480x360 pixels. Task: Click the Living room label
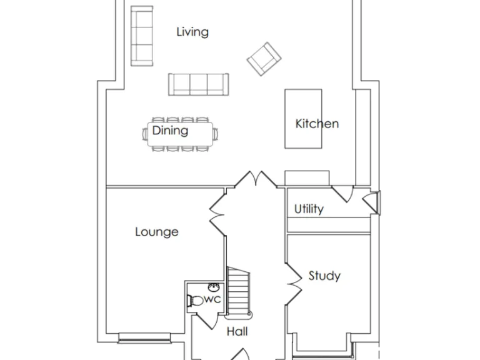[x=192, y=32]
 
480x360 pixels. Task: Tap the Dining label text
[x=170, y=131]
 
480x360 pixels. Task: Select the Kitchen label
[x=317, y=124]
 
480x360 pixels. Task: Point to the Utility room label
[x=309, y=209]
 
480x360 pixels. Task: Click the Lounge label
[x=157, y=232]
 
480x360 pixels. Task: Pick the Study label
[x=324, y=276]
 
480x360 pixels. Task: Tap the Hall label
[x=237, y=331]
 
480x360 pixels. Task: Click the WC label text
[x=213, y=299]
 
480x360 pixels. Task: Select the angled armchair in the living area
[x=264, y=59]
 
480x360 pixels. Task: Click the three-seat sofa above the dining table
[x=198, y=84]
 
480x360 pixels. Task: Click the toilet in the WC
[x=195, y=301]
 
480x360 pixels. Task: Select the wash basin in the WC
[x=213, y=287]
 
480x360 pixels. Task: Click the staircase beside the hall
[x=239, y=291]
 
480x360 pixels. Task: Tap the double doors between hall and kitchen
[x=255, y=179]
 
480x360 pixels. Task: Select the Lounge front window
[x=144, y=340]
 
